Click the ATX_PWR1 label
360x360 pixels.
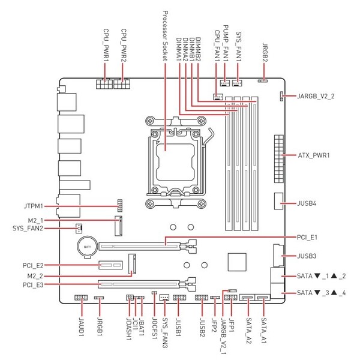314,155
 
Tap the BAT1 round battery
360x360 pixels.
88,247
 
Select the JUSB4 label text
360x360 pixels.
307,203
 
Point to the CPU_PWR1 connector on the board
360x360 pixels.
104,84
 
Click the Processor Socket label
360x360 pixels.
166,35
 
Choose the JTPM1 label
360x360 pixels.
34,206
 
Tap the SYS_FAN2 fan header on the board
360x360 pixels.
79,229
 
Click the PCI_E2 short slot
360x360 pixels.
110,265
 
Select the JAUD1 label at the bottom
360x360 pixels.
82,326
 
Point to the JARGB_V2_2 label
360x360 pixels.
316,96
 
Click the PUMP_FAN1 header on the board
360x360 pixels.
225,83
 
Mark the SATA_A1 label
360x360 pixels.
264,330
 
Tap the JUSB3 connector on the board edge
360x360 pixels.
278,256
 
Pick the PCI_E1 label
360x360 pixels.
307,237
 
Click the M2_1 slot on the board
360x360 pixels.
118,226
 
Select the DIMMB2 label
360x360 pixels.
198,50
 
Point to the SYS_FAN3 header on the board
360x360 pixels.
164,298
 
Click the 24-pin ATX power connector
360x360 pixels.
279,159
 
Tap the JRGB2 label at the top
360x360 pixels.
265,52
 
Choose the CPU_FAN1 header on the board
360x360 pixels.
218,97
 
